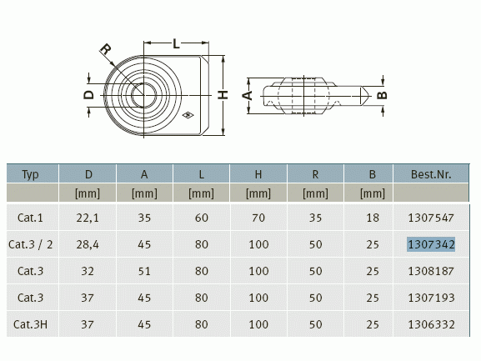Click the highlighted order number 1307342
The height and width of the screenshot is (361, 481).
pos(431,244)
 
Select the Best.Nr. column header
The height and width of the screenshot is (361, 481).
pos(431,174)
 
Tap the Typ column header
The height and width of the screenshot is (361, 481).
pos(30,174)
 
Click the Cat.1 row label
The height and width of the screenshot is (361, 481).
pos(30,218)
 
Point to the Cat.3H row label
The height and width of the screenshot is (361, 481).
pos(30,324)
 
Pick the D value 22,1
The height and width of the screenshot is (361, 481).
pos(88,218)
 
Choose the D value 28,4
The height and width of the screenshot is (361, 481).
pos(88,244)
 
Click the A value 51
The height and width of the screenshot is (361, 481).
pos(144,271)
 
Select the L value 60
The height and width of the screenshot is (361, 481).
pos(201,218)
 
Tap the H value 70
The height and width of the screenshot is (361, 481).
pos(258,218)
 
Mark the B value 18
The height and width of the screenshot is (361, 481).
pos(373,218)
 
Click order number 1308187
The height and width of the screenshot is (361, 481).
pos(431,271)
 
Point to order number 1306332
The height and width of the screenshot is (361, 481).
pos(431,324)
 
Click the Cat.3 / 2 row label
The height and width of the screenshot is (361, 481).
pos(30,244)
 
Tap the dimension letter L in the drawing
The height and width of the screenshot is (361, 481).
pos(176,43)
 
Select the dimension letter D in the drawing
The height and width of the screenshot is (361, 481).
pos(88,95)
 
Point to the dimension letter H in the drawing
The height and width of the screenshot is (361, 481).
pos(223,95)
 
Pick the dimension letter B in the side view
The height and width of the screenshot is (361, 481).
pos(382,95)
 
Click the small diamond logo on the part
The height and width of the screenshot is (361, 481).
pos(188,115)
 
